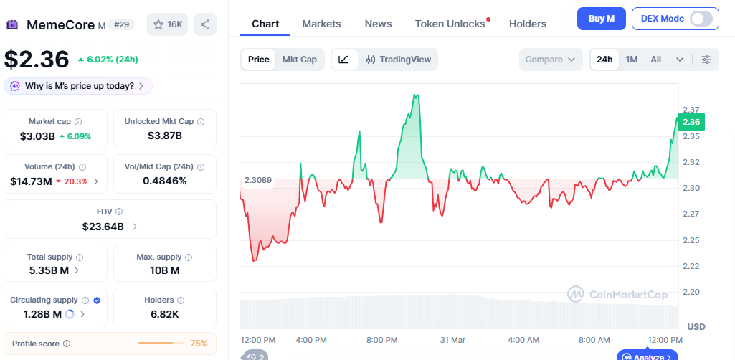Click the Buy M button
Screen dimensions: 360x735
601,19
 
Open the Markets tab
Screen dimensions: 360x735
321,24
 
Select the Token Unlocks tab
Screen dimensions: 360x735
450,24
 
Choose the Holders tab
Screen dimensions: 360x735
528,24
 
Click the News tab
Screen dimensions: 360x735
378,24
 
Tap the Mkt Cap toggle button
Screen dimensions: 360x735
300,60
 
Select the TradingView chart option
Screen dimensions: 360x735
399,60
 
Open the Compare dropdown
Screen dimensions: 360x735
550,60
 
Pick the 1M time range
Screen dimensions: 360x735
632,60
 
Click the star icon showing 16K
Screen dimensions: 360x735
168,24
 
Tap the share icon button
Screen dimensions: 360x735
205,24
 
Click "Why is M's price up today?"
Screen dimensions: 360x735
79,86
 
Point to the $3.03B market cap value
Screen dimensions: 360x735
37,136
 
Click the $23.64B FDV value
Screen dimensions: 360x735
103,227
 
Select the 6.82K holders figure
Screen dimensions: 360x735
165,313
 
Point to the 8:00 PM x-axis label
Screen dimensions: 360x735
381,339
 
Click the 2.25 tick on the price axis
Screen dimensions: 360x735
691,240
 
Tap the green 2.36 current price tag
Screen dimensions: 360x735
691,122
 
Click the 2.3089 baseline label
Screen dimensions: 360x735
258,180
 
